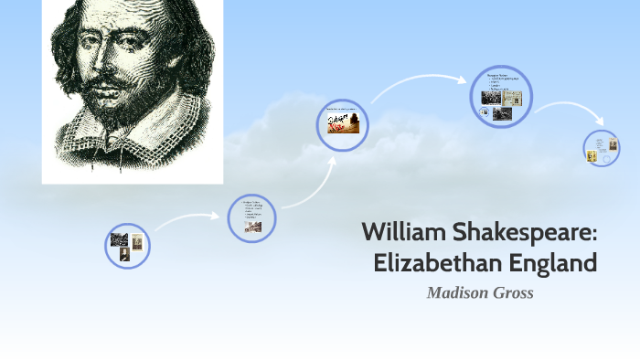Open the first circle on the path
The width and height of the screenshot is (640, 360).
pos(127,246)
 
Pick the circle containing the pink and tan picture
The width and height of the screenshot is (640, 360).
pos(343,125)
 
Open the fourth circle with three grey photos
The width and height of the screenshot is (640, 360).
pos(501,97)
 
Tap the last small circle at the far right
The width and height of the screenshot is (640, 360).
pos(603,147)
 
